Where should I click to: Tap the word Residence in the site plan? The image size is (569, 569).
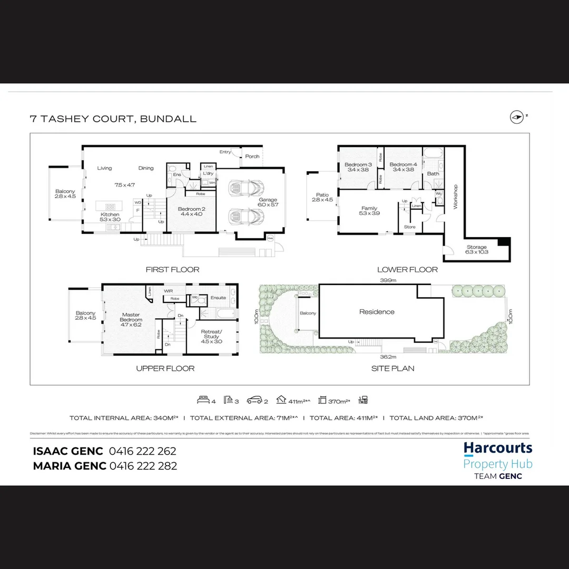point(377,312)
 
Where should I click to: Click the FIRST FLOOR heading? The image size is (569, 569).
point(172,270)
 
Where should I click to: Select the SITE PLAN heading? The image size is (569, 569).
point(393,368)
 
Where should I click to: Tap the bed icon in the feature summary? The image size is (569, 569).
point(203,400)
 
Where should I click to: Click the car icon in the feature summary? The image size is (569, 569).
point(254,400)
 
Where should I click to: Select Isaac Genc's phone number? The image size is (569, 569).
point(142,452)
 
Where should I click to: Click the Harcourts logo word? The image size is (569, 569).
point(498,449)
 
